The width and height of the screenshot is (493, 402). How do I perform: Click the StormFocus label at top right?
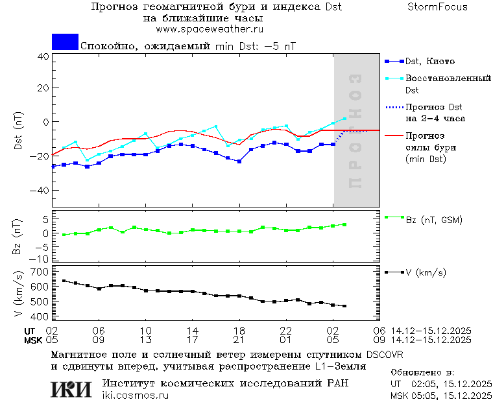coord(438,7)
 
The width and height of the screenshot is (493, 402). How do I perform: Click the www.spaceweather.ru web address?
coord(210,29)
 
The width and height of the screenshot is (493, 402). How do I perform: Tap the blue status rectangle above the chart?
coord(65,41)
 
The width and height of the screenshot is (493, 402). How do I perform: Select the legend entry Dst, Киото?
coord(429,62)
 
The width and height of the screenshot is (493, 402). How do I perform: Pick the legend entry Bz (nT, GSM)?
coord(434,220)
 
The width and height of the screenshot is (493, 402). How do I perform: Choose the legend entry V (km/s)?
coord(426,272)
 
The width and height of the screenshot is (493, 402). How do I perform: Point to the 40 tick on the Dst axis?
coord(43,56)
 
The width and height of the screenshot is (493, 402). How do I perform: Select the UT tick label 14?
coord(193,331)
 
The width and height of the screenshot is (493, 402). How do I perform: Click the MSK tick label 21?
coord(239,339)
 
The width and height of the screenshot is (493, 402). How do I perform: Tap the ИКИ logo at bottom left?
coord(71,389)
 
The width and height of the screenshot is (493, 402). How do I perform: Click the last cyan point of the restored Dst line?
coord(344,119)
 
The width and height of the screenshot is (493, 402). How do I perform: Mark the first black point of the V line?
coord(64,281)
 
